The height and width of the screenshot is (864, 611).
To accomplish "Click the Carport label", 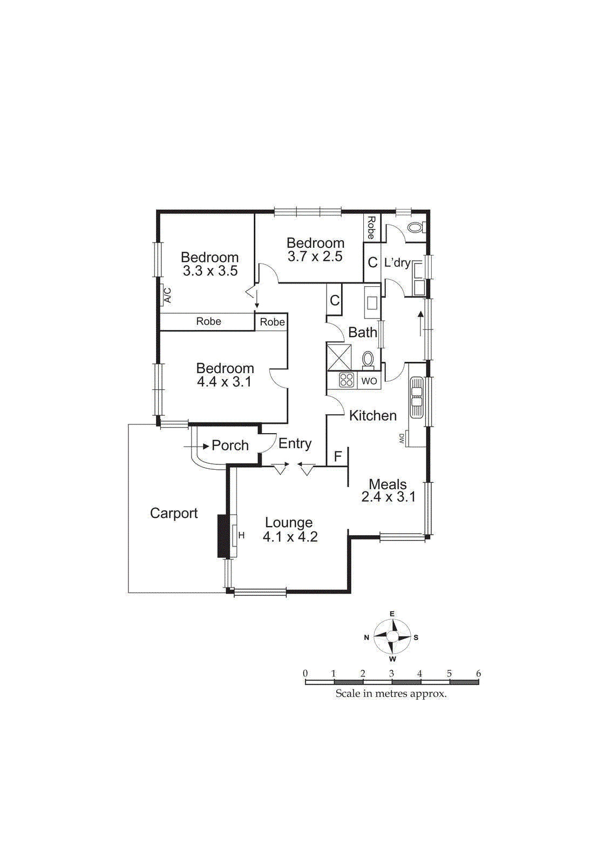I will (174, 513).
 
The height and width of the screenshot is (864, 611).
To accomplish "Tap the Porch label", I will (230, 446).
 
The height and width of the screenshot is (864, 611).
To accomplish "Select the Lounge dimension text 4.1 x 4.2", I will (290, 537).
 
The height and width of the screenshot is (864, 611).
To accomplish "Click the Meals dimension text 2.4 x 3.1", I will (389, 497).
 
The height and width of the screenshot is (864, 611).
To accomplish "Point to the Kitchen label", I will (373, 415).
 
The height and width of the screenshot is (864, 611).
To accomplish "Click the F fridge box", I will (338, 457).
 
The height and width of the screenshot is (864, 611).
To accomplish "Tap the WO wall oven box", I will (369, 381).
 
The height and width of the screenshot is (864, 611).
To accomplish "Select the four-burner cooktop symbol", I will (347, 380).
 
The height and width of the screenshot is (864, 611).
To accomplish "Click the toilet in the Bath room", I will (368, 359).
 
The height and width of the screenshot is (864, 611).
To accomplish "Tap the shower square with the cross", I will (339, 357).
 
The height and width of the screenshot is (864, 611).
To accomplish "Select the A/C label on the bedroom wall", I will (167, 295).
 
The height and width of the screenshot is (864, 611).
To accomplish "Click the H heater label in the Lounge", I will (242, 536).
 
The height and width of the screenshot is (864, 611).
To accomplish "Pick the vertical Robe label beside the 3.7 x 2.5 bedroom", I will (371, 227).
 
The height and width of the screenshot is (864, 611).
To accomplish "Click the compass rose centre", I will (392, 637).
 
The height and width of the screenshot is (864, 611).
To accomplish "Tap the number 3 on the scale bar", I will (391, 673).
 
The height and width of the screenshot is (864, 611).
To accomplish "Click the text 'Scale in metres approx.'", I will (391, 693).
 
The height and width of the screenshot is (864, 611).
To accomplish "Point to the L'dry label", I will (397, 262).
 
